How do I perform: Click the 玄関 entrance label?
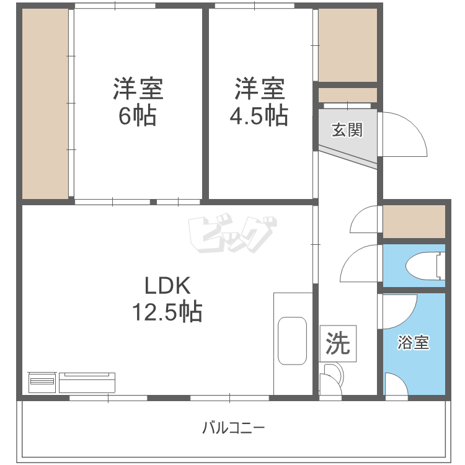click(x=346, y=131)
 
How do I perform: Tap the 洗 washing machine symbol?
click(x=338, y=343)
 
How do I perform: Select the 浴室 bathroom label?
click(x=413, y=342)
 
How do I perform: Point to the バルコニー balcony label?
click(x=233, y=428)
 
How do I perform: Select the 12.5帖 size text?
click(x=167, y=312)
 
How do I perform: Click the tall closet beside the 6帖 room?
click(x=45, y=104)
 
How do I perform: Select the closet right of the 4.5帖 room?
click(x=347, y=45)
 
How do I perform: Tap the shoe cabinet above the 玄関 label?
click(x=347, y=95)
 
